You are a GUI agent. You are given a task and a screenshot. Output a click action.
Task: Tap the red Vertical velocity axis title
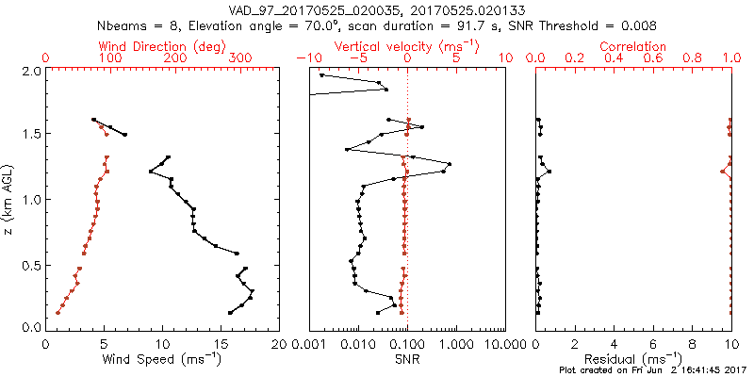(x=406, y=46)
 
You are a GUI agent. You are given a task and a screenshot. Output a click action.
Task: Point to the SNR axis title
(x=406, y=358)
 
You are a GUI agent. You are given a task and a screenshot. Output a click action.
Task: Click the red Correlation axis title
(x=633, y=46)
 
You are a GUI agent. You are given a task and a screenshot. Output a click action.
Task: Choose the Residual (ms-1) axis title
(x=633, y=358)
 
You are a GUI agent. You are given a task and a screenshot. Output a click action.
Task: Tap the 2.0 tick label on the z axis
(x=31, y=71)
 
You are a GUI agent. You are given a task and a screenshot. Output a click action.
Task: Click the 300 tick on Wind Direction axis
(x=241, y=58)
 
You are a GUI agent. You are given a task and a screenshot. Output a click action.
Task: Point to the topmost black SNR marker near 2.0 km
(x=321, y=75)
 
